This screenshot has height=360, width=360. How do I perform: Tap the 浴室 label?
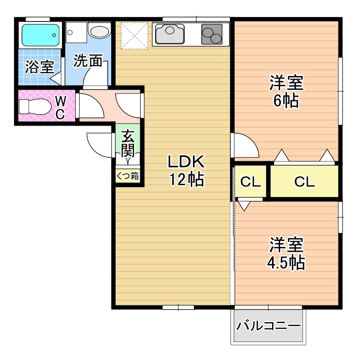pyautogui.click(x=40, y=67)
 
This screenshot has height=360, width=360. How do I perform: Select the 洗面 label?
pyautogui.click(x=87, y=61)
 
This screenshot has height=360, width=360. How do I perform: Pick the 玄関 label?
pyautogui.click(x=127, y=143)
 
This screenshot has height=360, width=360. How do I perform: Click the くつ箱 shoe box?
pyautogui.click(x=127, y=176)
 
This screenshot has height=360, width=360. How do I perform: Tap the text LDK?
pyautogui.click(x=185, y=162)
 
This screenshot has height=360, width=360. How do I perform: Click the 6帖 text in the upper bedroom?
pyautogui.click(x=286, y=101)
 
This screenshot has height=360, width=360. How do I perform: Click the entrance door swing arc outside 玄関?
pyautogui.click(x=99, y=145)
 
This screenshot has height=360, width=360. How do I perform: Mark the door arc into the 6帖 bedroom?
pyautogui.click(x=245, y=145)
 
